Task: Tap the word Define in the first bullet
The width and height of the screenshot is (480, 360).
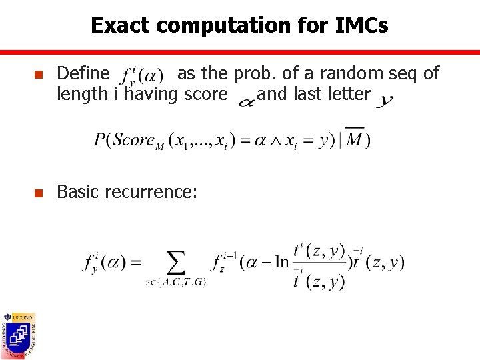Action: [83, 73]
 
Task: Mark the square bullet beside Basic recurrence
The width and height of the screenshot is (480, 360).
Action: [38, 193]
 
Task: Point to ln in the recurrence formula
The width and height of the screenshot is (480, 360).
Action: [281, 263]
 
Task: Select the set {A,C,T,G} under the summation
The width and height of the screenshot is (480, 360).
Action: [176, 283]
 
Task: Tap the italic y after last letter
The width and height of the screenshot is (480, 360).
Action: [385, 100]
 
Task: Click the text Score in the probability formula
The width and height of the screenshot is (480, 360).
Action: [133, 140]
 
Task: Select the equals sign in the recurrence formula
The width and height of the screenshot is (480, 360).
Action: [133, 263]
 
